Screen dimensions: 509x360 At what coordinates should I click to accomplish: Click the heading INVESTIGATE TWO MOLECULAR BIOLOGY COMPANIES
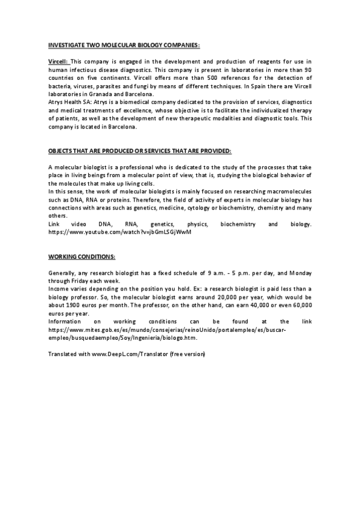click(124, 45)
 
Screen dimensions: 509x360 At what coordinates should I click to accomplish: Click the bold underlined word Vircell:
click(58, 62)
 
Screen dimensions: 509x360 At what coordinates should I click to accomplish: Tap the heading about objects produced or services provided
click(139, 149)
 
